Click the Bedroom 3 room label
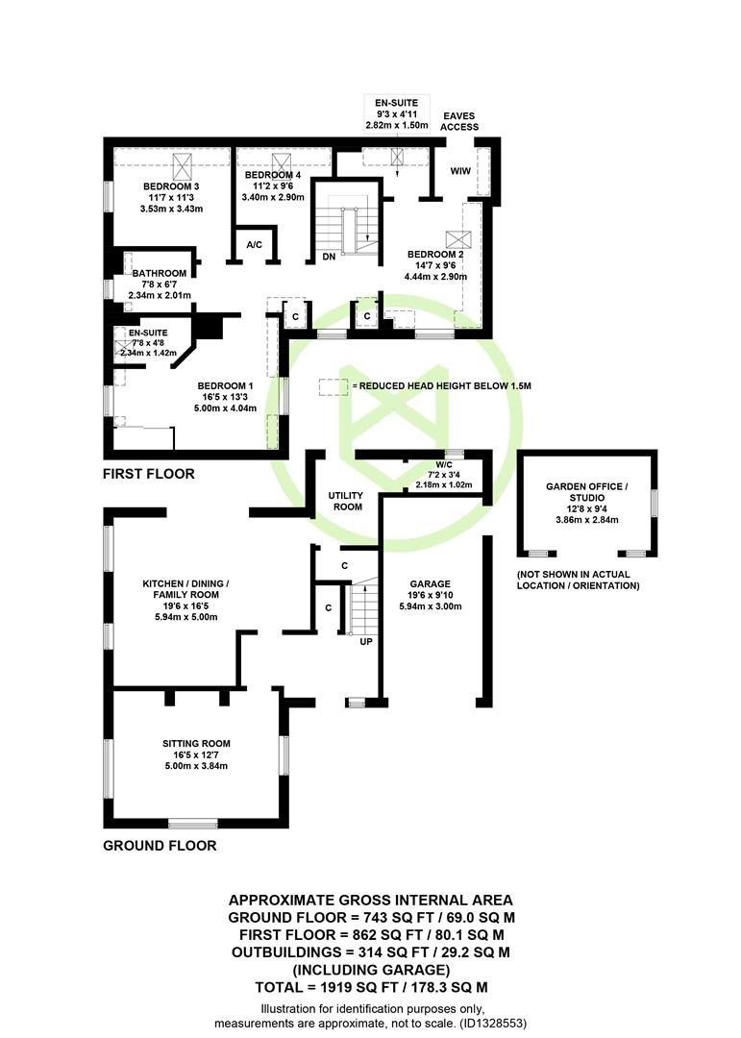[171, 186]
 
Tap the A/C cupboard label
[255, 245]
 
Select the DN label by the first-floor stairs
[329, 257]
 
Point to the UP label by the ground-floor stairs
[366, 641]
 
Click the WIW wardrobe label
[460, 171]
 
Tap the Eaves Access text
[459, 121]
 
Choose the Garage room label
[430, 584]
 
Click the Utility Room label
[346, 501]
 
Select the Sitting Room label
[197, 743]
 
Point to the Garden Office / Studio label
[586, 492]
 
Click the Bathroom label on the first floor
[159, 273]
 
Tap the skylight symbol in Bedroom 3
[182, 165]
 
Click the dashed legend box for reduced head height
[333, 387]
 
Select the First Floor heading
[149, 474]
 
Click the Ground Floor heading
[160, 846]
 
